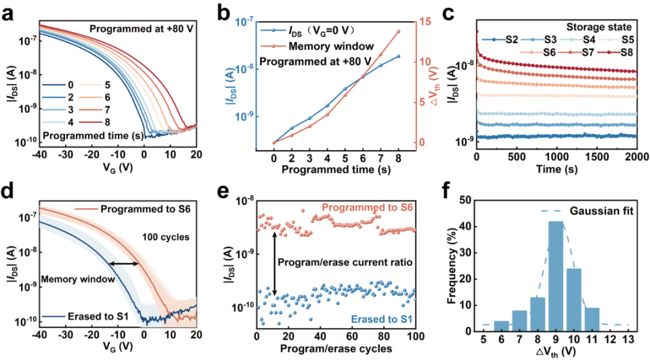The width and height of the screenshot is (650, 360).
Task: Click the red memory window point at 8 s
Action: pos(397,31)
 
